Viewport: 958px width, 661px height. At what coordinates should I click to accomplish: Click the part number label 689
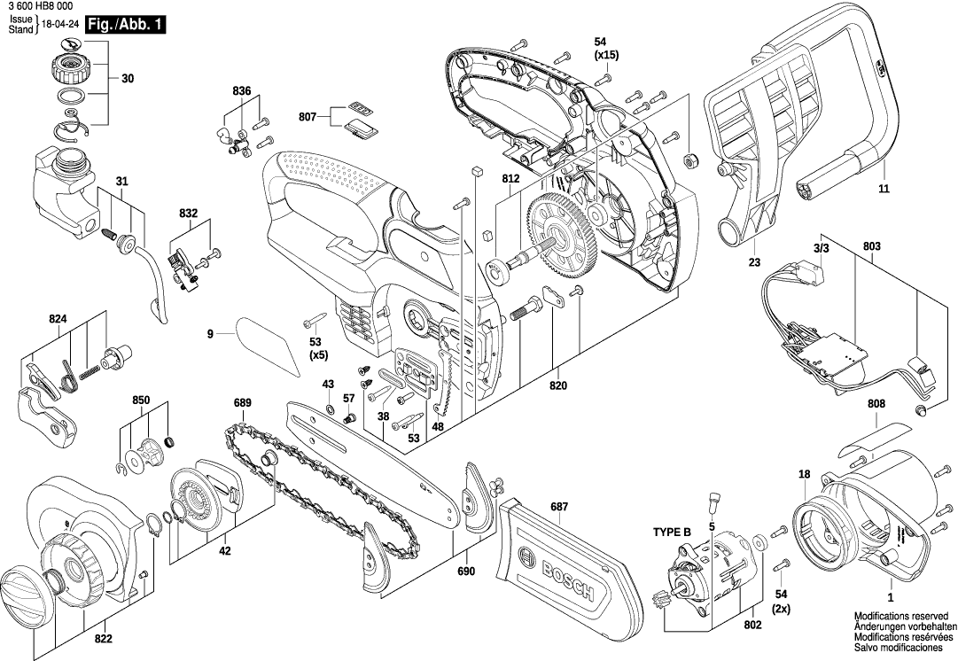tap(242, 403)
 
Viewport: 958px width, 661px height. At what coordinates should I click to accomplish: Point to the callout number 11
tap(884, 189)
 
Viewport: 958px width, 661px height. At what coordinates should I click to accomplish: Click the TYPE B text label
tap(672, 533)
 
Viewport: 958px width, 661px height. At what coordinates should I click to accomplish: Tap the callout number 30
tap(128, 80)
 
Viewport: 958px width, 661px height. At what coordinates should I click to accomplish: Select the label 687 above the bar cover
tap(559, 507)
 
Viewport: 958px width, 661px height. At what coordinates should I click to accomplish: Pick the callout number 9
tap(210, 334)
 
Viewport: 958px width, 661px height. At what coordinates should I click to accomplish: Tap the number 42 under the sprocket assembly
tap(225, 550)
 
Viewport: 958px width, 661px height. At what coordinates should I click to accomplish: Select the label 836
tap(242, 91)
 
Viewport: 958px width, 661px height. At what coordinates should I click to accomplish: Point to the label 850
tap(141, 400)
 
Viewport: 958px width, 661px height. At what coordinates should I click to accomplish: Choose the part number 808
tap(876, 405)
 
